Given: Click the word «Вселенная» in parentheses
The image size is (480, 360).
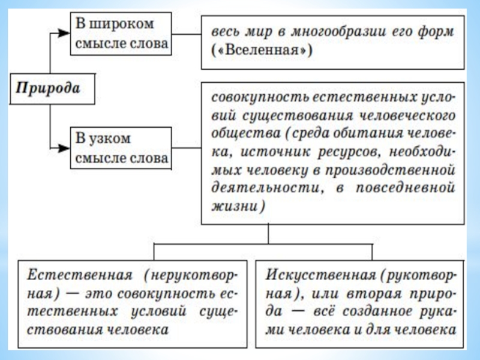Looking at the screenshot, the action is click(265, 52).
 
